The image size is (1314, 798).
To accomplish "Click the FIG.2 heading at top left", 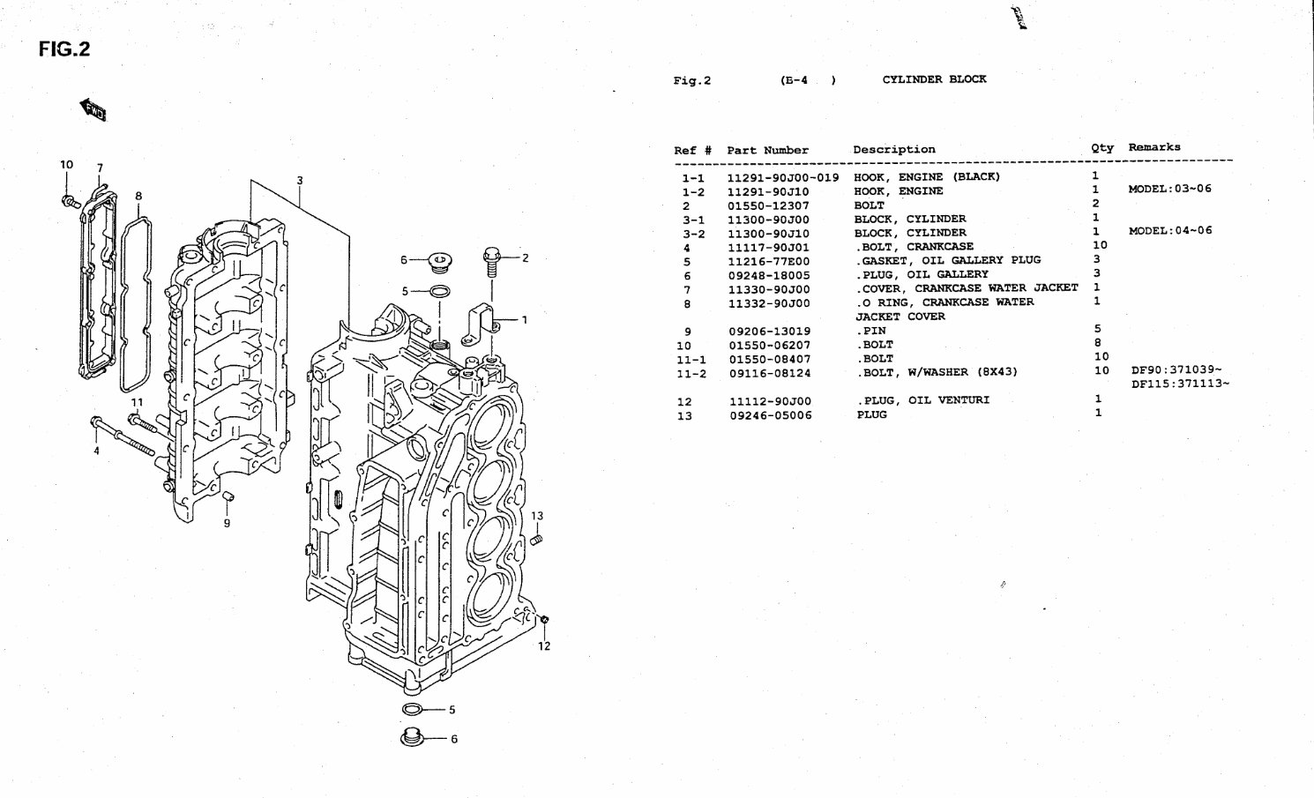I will point(65,49).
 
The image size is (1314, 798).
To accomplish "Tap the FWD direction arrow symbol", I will point(93,110).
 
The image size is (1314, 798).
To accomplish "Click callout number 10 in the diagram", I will point(67,164).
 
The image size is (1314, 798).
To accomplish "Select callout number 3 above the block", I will point(300,181).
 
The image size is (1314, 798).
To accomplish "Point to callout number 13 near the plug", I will point(537,516).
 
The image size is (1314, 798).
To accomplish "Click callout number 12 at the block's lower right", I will point(544,646).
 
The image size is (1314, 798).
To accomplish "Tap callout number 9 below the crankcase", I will point(227,523).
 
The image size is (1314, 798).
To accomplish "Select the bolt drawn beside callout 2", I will point(491,259).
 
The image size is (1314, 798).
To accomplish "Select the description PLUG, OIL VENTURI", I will point(922,400).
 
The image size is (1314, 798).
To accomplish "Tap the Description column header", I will point(893,149).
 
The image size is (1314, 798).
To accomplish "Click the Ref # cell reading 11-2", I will point(691,373).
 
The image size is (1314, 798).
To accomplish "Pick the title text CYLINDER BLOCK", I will point(934,79).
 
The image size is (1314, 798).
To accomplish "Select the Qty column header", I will point(1101,148).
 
